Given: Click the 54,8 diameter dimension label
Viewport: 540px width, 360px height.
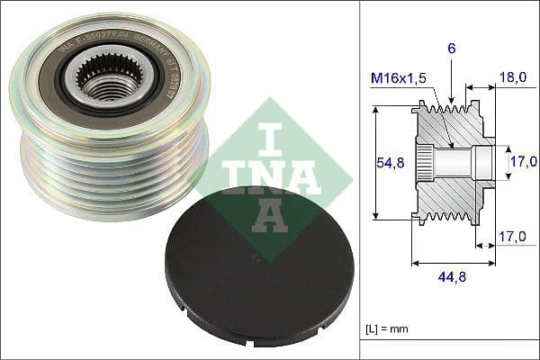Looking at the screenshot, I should point(388,162).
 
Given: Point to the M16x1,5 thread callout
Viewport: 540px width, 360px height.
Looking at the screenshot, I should point(400,78).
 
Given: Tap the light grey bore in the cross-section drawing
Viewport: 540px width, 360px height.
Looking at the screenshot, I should point(463,162).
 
